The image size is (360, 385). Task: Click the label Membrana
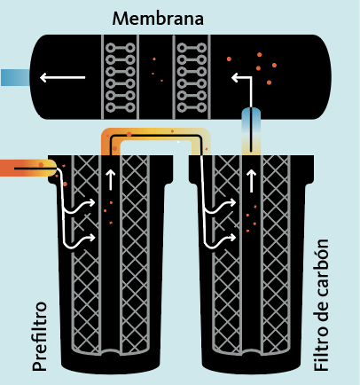pos(158,19)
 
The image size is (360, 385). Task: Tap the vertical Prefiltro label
pos(40,336)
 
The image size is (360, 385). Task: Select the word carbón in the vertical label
pos(321,268)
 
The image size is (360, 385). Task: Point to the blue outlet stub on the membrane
pos(15,77)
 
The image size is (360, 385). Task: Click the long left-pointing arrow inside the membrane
pos(63,77)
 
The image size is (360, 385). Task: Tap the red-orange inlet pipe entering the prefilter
pos(28,168)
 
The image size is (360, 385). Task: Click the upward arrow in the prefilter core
pos(111,180)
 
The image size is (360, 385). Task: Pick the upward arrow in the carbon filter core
pos(251,181)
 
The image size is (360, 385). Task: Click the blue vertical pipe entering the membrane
pos(251,131)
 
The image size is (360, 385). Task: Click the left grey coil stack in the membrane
pos(120,77)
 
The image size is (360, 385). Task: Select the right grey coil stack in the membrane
pos(192,77)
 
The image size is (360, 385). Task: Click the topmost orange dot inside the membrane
pos(259,54)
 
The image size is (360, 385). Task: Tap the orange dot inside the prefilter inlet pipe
pos(41,165)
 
